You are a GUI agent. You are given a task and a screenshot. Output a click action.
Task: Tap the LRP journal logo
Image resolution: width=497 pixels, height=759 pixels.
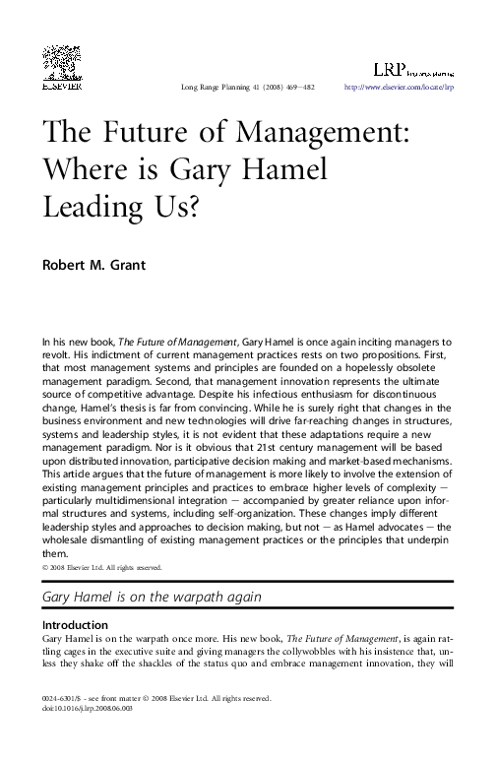(411, 68)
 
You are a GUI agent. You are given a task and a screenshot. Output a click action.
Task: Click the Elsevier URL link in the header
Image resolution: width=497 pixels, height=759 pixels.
(399, 88)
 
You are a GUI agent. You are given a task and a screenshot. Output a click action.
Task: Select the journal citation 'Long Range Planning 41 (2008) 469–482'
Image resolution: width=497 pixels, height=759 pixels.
(248, 88)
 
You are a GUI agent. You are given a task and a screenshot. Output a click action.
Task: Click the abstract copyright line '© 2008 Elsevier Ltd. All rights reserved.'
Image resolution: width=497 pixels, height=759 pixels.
(102, 568)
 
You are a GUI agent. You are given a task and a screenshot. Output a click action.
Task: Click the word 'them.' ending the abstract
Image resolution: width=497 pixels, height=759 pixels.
(55, 554)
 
